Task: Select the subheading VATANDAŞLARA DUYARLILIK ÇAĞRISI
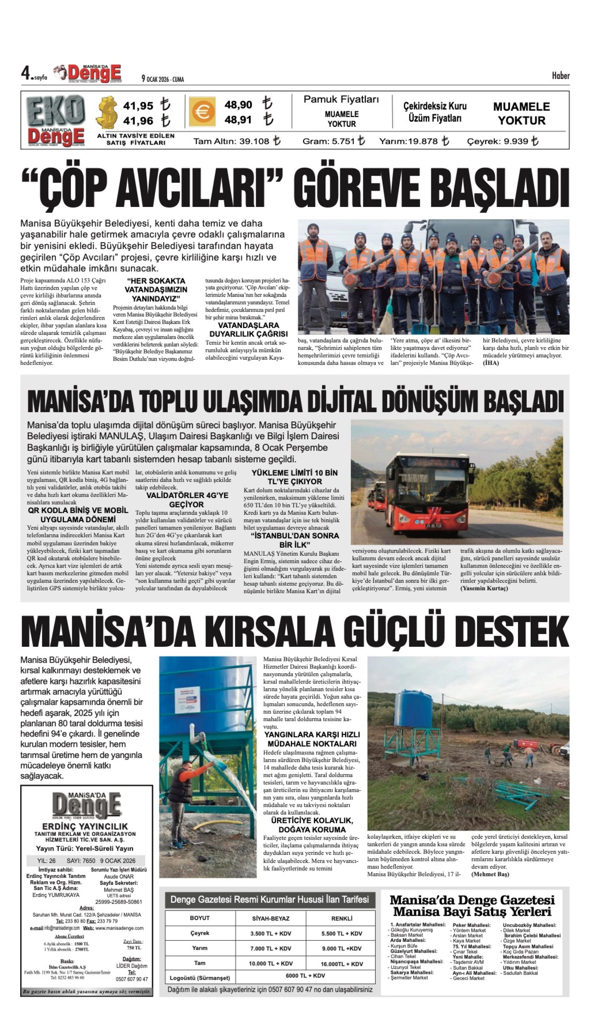pyautogui.click(x=248, y=330)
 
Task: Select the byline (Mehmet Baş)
pyautogui.click(x=490, y=874)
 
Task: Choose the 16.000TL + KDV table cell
pyautogui.click(x=342, y=964)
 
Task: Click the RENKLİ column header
pyautogui.click(x=342, y=918)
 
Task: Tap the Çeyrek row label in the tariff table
pyautogui.click(x=200, y=933)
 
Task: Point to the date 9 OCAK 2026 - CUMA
pyautogui.click(x=162, y=79)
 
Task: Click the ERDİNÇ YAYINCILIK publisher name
pyautogui.click(x=85, y=826)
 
